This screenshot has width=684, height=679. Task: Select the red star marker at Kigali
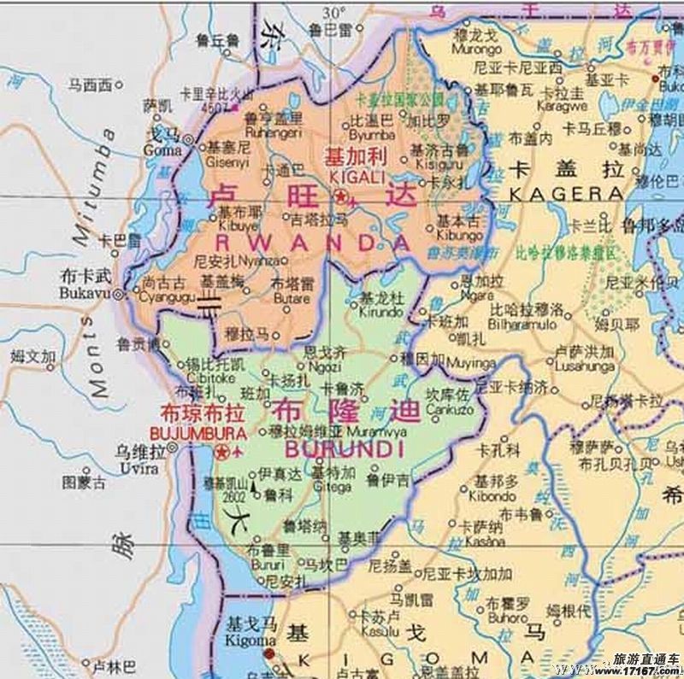(340, 198)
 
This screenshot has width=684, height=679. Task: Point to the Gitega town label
(332, 486)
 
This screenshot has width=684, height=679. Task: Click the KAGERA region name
(566, 194)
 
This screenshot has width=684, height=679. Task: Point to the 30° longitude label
(334, 11)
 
